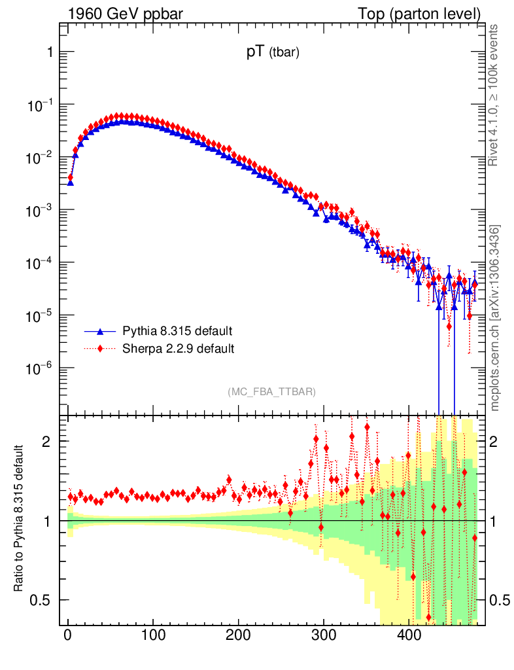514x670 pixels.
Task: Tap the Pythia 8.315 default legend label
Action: pos(177,330)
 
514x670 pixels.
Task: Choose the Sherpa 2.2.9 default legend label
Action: pos(178,348)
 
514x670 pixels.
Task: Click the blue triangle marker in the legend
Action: pos(100,330)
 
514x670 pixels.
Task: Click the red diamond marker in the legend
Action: pos(100,348)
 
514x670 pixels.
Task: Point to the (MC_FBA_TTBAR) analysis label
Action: pos(271,391)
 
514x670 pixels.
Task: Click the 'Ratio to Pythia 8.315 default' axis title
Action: pos(20,519)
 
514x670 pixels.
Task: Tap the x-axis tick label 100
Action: pos(153,634)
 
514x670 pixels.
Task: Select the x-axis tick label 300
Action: pos(324,634)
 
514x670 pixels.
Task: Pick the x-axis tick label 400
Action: pos(409,634)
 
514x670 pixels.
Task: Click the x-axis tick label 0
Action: pos(68,634)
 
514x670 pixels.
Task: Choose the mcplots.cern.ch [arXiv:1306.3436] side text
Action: pos(494,318)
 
